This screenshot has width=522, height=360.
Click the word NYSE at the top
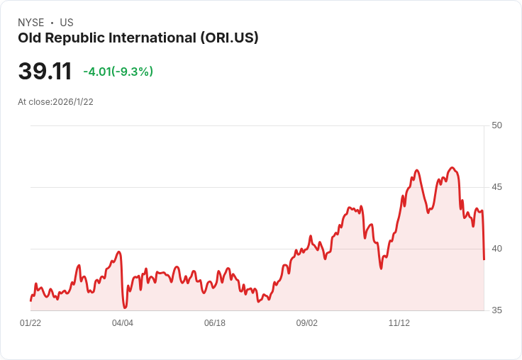click(30, 23)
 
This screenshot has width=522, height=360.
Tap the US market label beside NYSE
click(66, 23)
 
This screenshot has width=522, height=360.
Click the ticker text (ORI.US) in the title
click(228, 38)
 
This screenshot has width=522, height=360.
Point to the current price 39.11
click(45, 72)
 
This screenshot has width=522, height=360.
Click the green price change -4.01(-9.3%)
click(118, 72)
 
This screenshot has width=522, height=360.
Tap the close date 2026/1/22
click(73, 101)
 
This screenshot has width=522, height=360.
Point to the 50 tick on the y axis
click(496, 125)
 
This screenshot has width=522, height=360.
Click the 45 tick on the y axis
click(496, 187)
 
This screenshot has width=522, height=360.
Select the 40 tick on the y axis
click(496, 249)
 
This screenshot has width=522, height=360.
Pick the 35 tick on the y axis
click(496, 310)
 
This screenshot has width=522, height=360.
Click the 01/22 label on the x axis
click(30, 323)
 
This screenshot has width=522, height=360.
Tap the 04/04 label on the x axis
click(123, 323)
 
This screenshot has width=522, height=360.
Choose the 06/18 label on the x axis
click(215, 323)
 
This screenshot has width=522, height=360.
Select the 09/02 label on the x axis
click(307, 323)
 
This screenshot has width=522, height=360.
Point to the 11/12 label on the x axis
click(399, 323)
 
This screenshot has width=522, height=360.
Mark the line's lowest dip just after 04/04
click(125, 308)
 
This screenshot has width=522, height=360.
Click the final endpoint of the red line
click(484, 259)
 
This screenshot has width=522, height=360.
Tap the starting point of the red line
click(30, 301)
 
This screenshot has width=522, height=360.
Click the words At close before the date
click(34, 101)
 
